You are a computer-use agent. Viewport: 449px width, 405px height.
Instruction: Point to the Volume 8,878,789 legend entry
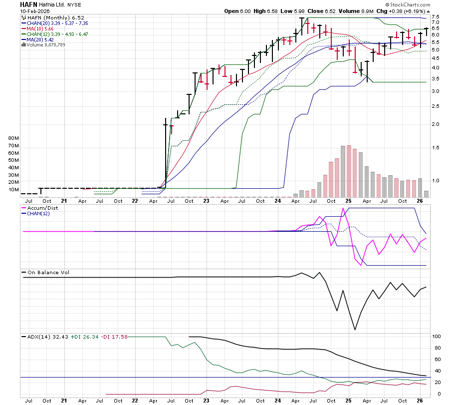click(45, 45)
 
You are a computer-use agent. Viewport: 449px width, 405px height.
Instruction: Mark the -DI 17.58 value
click(115, 337)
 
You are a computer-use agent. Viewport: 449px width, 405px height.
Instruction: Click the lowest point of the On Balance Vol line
click(355, 330)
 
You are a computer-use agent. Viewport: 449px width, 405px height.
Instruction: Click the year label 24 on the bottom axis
click(278, 401)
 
